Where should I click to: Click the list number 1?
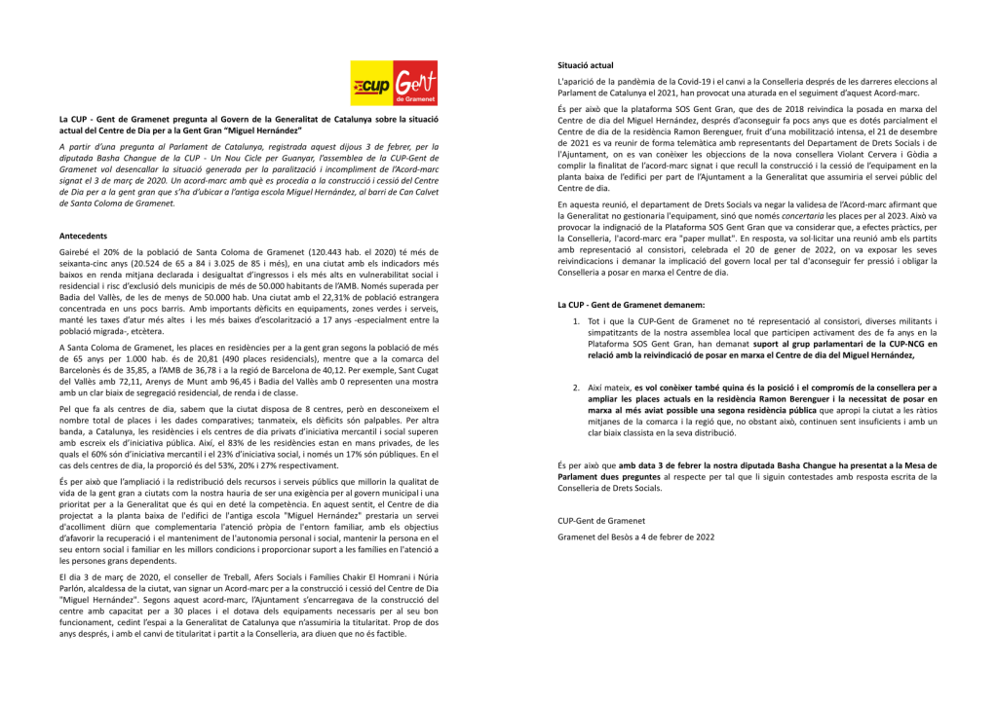(576, 320)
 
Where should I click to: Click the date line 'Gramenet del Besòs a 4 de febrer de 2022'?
(635, 537)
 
